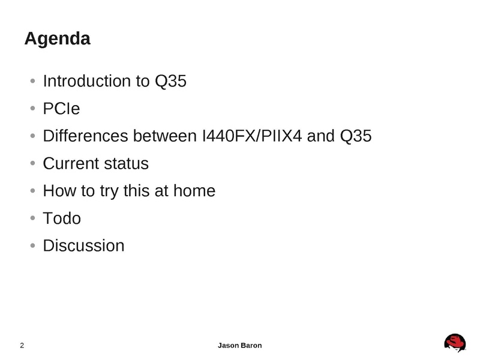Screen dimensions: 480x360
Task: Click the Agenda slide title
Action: [57, 39]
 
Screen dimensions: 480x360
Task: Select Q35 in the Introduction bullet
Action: [170, 82]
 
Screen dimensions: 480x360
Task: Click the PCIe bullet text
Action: [61, 109]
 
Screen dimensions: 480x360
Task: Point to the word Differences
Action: [85, 136]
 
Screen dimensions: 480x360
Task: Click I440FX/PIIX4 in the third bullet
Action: [252, 136]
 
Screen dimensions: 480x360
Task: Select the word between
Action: [164, 136]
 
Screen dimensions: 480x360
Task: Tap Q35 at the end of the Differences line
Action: [356, 136]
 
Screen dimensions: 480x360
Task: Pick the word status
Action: [127, 163]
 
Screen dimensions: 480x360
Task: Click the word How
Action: [59, 191]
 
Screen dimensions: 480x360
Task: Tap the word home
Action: [194, 191]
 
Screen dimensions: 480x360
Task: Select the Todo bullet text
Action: [62, 218]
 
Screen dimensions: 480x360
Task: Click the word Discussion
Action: [83, 245]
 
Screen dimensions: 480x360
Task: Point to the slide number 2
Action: [22, 346]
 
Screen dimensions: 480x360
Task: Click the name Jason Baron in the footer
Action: [239, 346]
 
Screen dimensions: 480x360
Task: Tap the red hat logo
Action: [455, 343]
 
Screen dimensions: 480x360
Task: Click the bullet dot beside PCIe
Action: [33, 108]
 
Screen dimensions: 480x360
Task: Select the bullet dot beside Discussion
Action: [33, 245]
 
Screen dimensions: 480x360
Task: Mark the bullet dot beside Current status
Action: [33, 163]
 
